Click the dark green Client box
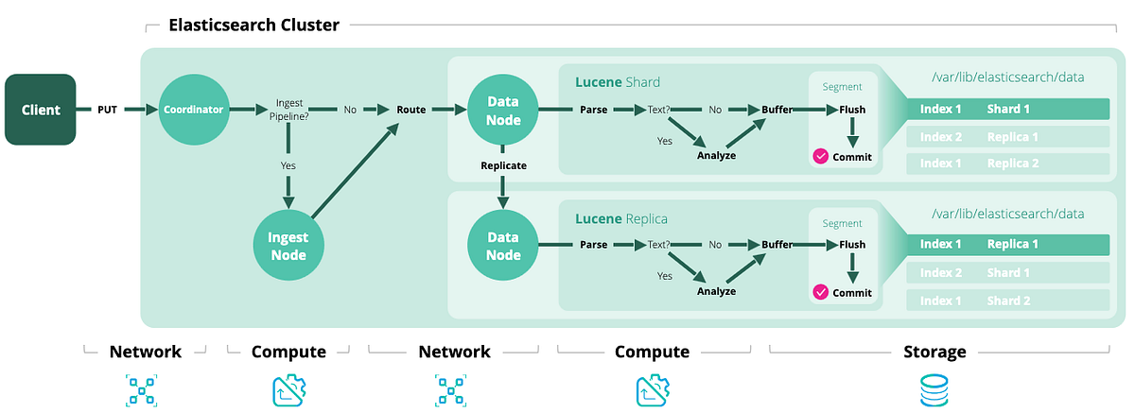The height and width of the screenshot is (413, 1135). pos(41,110)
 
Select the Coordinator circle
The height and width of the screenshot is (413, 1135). pos(192,110)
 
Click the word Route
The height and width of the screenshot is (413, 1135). pos(410,110)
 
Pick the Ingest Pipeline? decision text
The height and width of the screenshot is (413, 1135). pos(288,109)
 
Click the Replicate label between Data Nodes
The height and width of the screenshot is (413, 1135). pos(503,164)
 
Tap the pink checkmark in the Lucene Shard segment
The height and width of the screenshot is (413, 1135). pos(821,157)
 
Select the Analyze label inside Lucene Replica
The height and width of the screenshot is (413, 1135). pos(716,291)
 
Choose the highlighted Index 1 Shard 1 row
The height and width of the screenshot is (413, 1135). pos(1007,109)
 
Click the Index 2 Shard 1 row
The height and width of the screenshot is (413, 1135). pos(1007,272)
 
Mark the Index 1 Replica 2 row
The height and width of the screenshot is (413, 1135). pos(1007,163)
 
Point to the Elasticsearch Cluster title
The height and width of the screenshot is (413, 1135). pos(253,26)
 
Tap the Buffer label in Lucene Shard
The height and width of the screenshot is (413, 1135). pos(777,110)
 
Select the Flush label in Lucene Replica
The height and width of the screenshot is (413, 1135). pos(852,245)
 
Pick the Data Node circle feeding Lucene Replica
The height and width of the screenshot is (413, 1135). pos(503,245)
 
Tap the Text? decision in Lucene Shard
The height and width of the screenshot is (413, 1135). pos(658,110)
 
